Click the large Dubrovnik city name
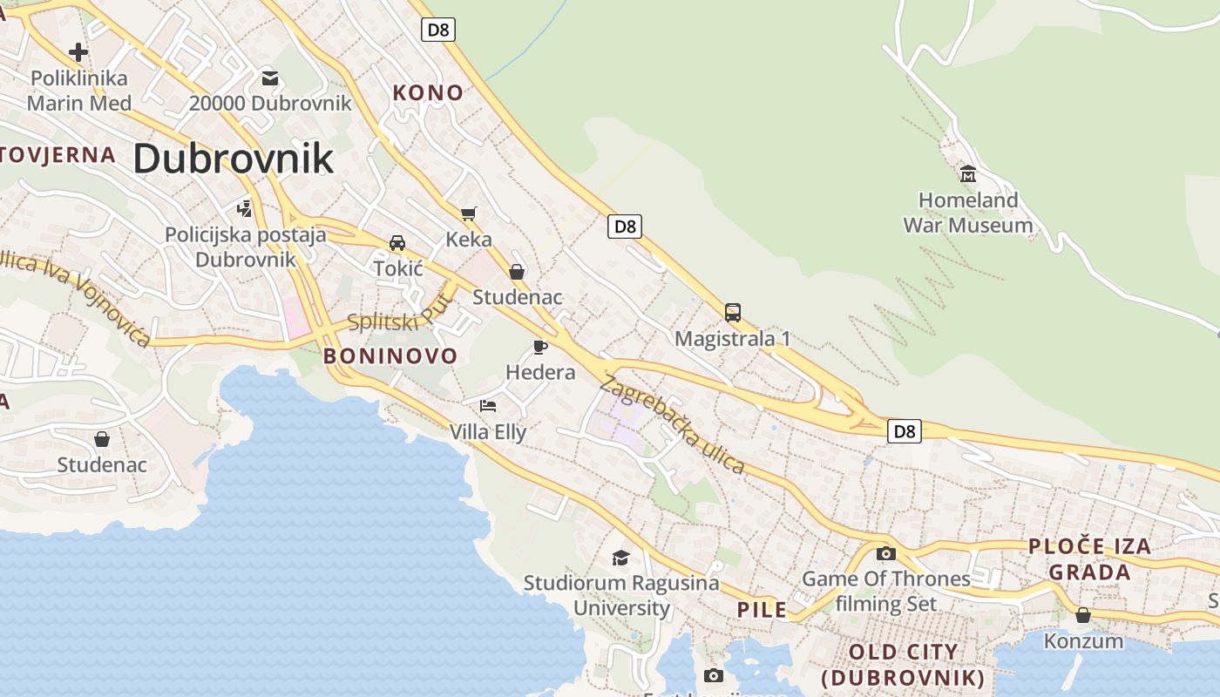pos(233,159)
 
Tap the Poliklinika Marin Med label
pos(79,91)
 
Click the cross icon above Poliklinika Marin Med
pos(78,52)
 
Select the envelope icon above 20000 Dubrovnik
pos(270,78)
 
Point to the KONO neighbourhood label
pos(428,92)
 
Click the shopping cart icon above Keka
pos(469,213)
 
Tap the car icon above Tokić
pos(397,242)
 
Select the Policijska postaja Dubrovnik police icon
pos(245,209)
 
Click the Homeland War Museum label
pos(967,213)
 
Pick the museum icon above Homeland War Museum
pos(967,174)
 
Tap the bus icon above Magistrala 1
pos(733,312)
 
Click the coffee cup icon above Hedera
pos(540,347)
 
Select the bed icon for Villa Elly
pos(488,406)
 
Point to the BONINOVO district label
pos(390,355)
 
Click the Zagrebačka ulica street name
pos(672,424)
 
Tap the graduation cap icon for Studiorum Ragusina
pos(620,558)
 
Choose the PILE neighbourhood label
pos(762,610)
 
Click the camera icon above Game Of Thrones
pos(886,553)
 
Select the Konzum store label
pos(1083,641)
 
